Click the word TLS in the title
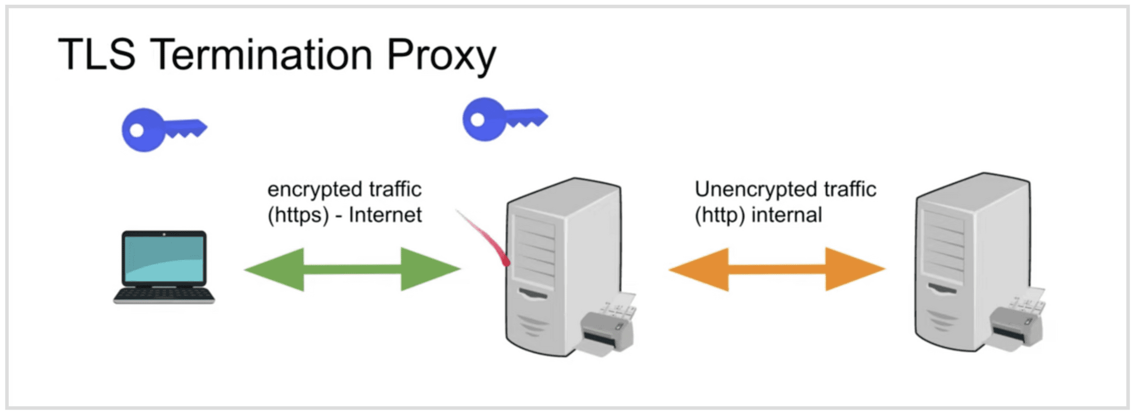point(96,54)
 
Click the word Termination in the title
point(262,54)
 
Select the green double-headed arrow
point(353,269)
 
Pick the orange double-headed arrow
point(777,269)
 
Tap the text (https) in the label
point(298,215)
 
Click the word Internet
point(385,215)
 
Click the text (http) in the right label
point(720,215)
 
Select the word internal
point(787,215)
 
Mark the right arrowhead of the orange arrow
point(854,269)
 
